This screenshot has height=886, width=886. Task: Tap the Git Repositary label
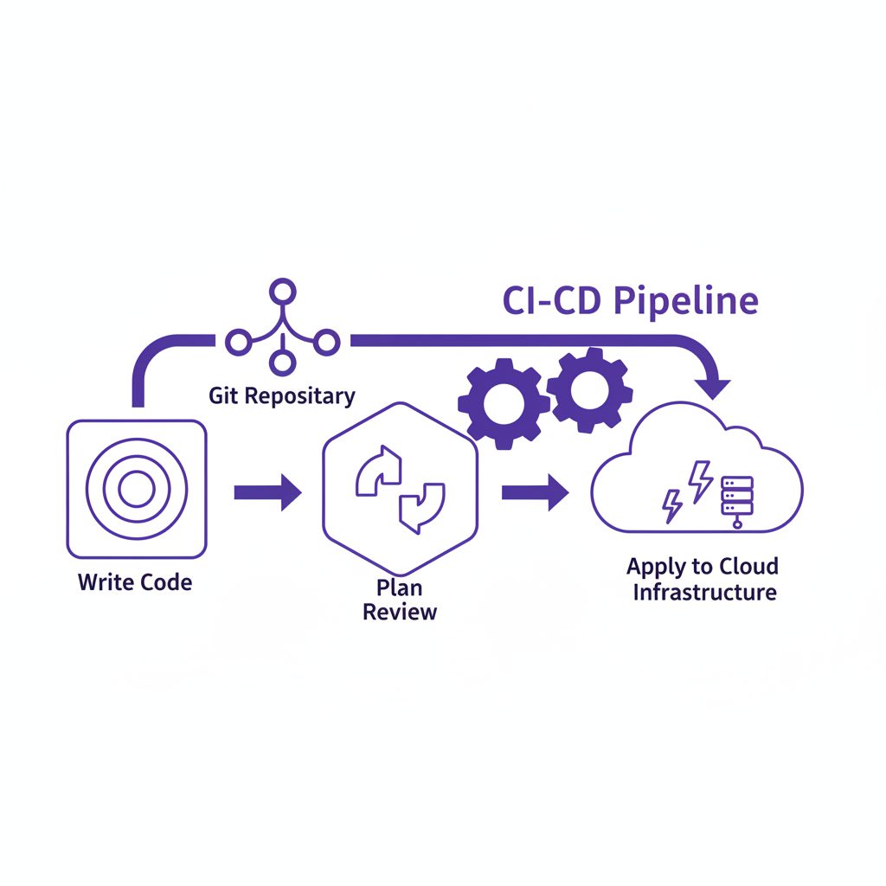click(282, 396)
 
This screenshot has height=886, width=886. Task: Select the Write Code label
click(135, 581)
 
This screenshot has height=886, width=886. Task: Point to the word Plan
click(399, 587)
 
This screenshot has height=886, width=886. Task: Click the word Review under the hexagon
click(399, 613)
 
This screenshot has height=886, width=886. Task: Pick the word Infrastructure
click(703, 593)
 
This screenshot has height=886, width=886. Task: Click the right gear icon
click(589, 388)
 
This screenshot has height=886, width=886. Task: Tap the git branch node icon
click(279, 330)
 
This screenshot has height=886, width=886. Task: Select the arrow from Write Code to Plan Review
click(267, 493)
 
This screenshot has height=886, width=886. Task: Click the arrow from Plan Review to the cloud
click(535, 493)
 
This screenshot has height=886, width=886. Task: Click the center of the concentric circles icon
click(136, 490)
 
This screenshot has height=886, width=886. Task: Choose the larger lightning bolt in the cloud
click(699, 479)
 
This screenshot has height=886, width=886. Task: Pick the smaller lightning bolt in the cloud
click(671, 505)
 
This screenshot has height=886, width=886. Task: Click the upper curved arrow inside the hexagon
click(380, 471)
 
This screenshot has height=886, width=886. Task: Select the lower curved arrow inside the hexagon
click(421, 507)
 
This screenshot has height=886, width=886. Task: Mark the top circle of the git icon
click(279, 291)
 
